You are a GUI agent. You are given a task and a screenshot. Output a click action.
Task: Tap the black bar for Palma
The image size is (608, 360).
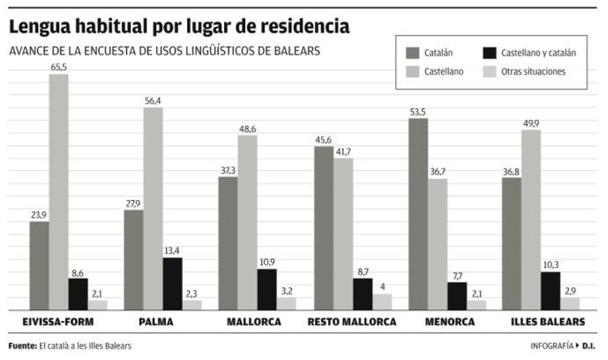pyautogui.click(x=172, y=284)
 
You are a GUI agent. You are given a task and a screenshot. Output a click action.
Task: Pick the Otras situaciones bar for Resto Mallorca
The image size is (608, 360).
pyautogui.click(x=383, y=302)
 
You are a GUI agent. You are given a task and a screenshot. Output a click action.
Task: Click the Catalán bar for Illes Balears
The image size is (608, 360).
pyautogui.click(x=511, y=243)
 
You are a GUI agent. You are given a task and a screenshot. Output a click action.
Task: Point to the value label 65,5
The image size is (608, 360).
pyautogui.click(x=59, y=67)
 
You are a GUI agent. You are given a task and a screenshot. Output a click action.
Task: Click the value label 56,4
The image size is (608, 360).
pyautogui.click(x=153, y=100)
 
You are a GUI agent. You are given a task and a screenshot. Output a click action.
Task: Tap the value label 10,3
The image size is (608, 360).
pyautogui.click(x=550, y=265)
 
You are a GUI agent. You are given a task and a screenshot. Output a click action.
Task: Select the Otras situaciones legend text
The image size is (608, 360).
pyautogui.click(x=533, y=71)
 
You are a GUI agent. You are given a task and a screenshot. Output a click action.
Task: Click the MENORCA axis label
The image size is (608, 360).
pyautogui.click(x=450, y=322)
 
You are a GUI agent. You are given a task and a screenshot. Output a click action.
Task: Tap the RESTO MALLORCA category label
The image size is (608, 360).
pyautogui.click(x=352, y=322)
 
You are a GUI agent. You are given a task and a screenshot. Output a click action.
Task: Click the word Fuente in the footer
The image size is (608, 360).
pyautogui.click(x=23, y=346)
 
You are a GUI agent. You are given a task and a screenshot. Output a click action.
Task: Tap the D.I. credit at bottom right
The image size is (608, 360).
pyautogui.click(x=589, y=346)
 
